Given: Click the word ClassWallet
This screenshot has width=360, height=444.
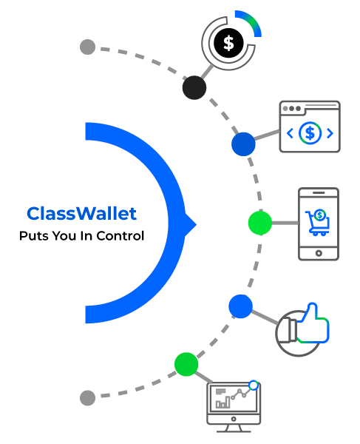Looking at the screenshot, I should point(81,214).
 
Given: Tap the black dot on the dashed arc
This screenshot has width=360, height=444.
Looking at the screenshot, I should point(194,87).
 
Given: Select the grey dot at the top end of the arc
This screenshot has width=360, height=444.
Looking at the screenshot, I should point(87,47).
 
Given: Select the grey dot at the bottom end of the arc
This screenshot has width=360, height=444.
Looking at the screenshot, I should point(87,397).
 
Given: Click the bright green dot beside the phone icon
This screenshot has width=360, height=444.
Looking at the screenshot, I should point(259,222).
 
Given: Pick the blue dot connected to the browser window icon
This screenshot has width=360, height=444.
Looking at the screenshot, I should point(242,144).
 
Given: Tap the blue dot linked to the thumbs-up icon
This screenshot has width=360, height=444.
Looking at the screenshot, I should point(240,306).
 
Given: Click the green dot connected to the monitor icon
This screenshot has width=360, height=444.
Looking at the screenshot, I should point(186,364).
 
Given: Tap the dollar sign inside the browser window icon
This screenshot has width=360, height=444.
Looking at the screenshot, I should point(310,133).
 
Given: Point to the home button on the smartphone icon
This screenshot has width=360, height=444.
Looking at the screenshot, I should point(319,252).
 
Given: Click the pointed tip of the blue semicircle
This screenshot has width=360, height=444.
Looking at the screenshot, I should point(194,222).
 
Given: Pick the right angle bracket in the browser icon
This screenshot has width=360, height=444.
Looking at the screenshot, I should point(330,133).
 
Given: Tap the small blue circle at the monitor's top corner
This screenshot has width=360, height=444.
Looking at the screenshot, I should point(254,386).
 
